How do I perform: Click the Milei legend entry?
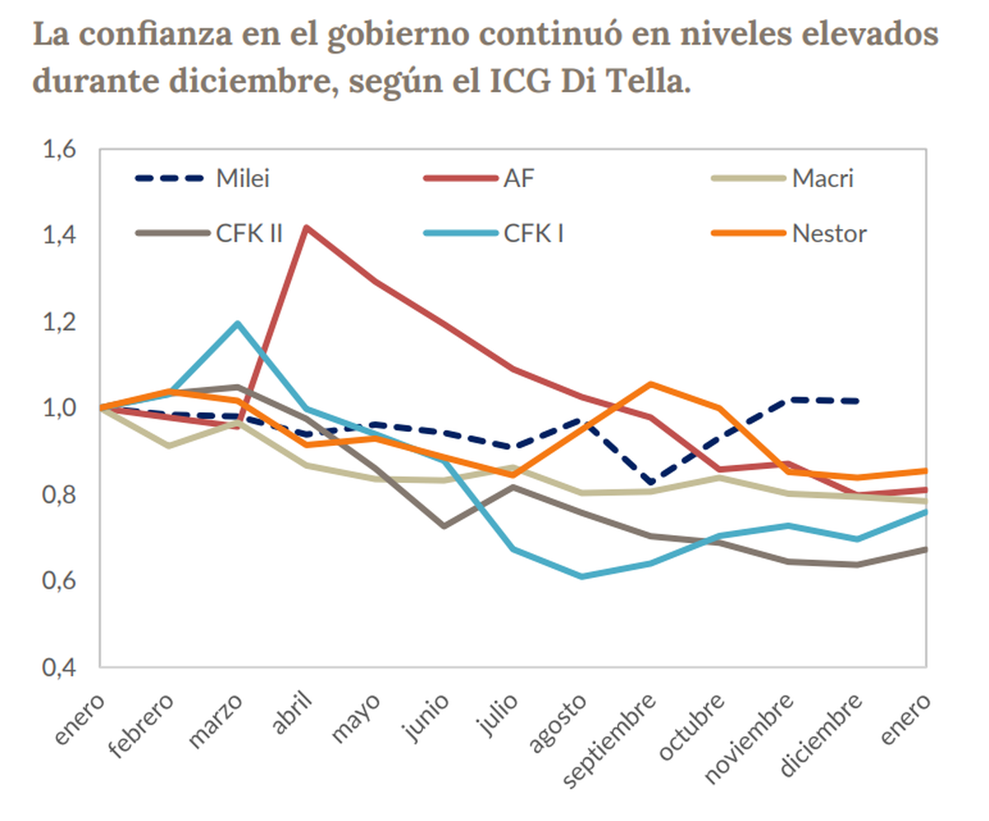click(x=242, y=178)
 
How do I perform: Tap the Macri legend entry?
click(x=822, y=178)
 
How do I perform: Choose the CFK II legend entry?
click(x=249, y=233)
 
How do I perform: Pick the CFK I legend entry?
click(x=533, y=233)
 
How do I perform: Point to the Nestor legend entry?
click(x=828, y=233)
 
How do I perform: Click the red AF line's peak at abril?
click(x=306, y=227)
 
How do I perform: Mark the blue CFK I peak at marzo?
click(x=237, y=323)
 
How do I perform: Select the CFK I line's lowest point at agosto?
click(x=582, y=576)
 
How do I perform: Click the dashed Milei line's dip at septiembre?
click(x=651, y=481)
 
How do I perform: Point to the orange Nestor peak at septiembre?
click(x=651, y=384)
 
